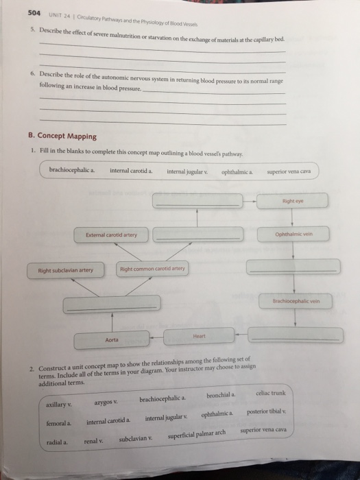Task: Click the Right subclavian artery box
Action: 64,269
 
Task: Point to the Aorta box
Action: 112,339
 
